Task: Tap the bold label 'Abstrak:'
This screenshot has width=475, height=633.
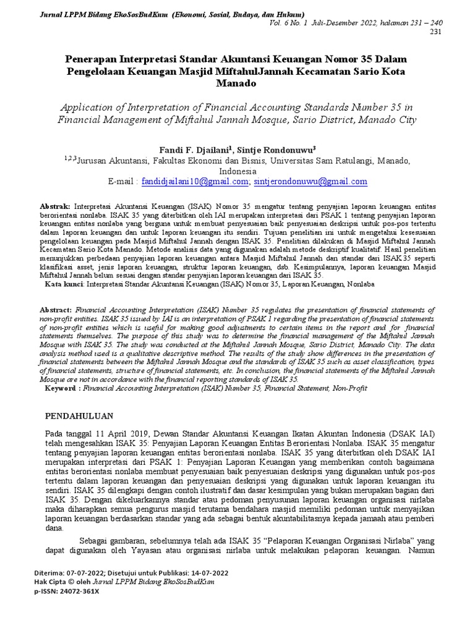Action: click(55, 205)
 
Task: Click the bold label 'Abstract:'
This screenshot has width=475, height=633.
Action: click(56, 308)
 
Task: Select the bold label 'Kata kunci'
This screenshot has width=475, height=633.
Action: click(64, 284)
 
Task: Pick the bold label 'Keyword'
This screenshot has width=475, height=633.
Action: click(61, 388)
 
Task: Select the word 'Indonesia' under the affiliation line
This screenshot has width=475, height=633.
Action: click(237, 170)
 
